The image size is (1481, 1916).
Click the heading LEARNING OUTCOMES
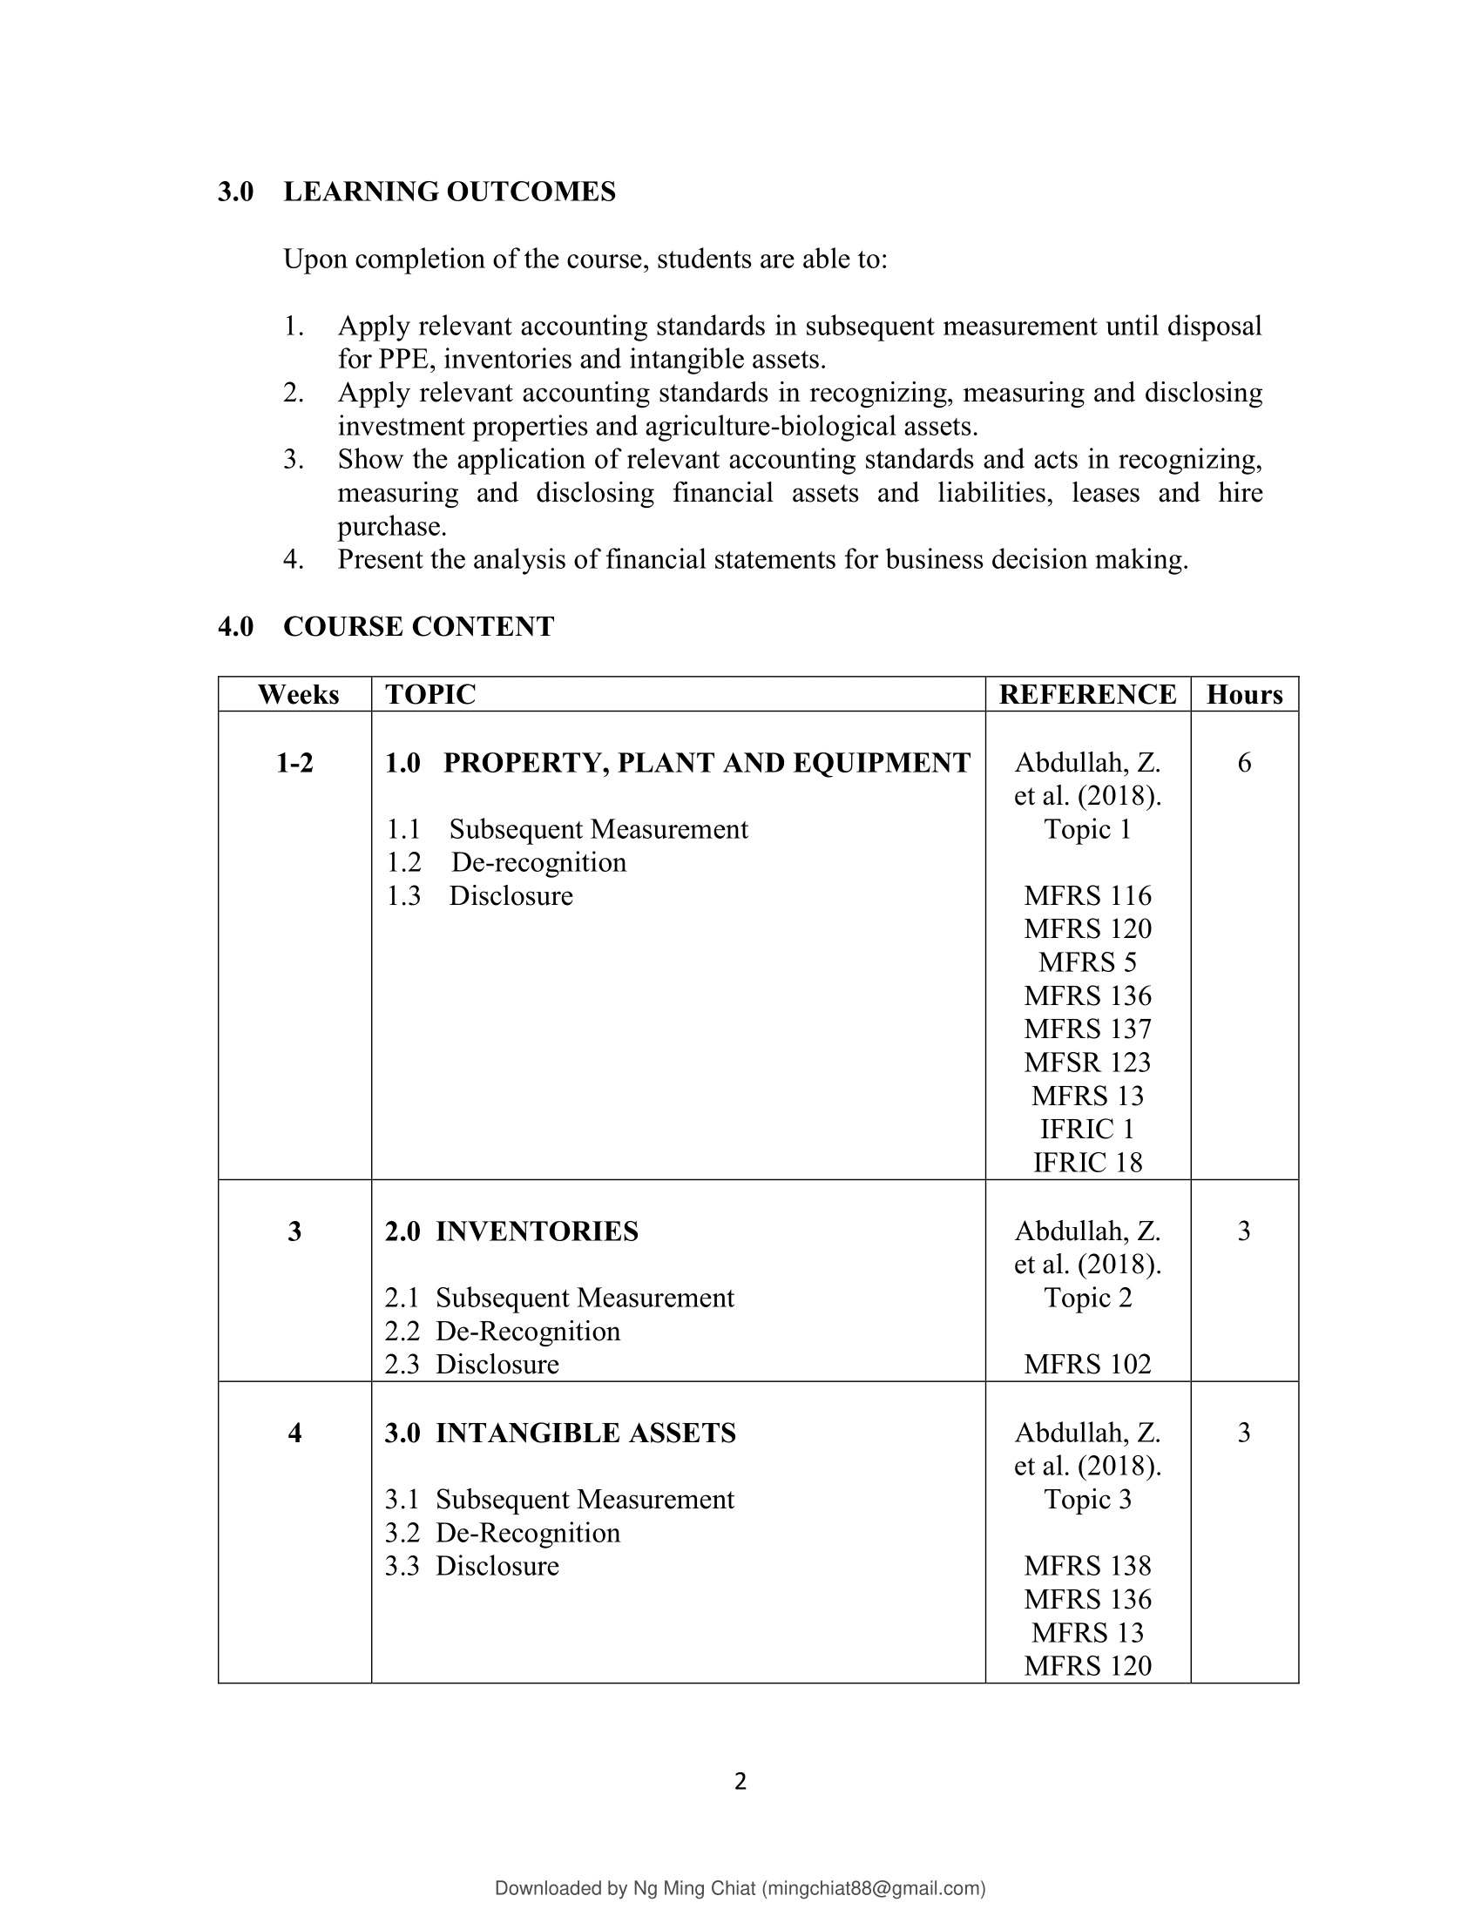[x=450, y=192]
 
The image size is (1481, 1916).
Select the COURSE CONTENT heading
[x=418, y=626]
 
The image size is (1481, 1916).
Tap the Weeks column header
[x=298, y=694]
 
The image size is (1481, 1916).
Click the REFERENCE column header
[x=1087, y=694]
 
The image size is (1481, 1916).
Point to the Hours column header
[x=1244, y=694]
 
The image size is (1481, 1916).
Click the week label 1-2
[x=294, y=762]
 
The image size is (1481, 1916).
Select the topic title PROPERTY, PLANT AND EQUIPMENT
[x=707, y=762]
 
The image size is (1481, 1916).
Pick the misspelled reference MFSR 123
[x=1087, y=1063]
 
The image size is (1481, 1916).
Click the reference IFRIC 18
[x=1087, y=1163]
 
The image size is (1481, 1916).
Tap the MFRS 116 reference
[x=1087, y=895]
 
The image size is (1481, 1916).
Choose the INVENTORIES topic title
[x=537, y=1231]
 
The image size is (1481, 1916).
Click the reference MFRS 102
[x=1087, y=1364]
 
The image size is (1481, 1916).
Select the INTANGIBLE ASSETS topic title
[x=585, y=1433]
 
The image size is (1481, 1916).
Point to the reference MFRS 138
[x=1087, y=1566]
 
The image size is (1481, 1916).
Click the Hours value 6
[x=1244, y=762]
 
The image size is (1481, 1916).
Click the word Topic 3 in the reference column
[x=1087, y=1500]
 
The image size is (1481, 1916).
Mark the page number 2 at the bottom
[x=740, y=1781]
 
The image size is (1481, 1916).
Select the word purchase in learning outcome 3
[x=391, y=526]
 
